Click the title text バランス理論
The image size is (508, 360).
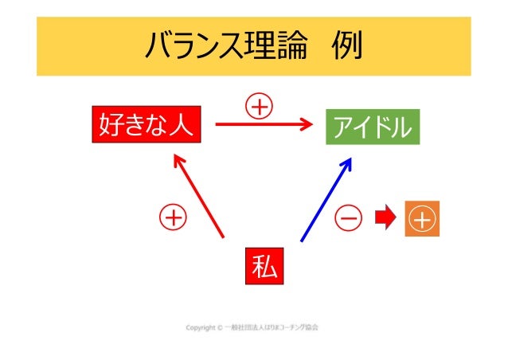pyautogui.click(x=225, y=47)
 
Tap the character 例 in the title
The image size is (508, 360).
pyautogui.click(x=346, y=47)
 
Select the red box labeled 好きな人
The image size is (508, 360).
pyautogui.click(x=146, y=125)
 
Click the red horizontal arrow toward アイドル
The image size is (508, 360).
pyautogui.click(x=263, y=123)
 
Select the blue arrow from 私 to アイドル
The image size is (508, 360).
pyautogui.click(x=326, y=199)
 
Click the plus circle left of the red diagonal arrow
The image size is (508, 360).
pyautogui.click(x=172, y=216)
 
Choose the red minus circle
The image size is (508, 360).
pyautogui.click(x=347, y=217)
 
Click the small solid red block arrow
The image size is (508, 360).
pyautogui.click(x=385, y=217)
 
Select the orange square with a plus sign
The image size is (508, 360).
pyautogui.click(x=422, y=218)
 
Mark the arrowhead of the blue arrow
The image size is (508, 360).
pyautogui.click(x=347, y=163)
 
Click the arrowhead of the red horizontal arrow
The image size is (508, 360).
pyautogui.click(x=306, y=123)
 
